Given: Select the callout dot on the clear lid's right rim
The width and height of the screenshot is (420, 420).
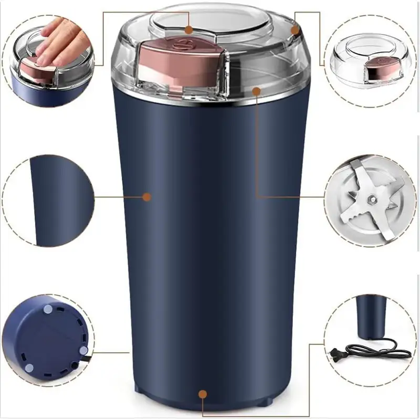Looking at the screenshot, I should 295,30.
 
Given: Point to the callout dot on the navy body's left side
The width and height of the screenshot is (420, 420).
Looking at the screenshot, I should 147,197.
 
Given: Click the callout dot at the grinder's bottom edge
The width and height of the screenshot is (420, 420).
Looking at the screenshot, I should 203,394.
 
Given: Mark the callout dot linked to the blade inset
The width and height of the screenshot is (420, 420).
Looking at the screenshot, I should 256,91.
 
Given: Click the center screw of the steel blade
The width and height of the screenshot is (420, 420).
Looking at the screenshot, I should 371,198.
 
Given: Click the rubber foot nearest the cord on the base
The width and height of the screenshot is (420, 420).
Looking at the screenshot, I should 83,350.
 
